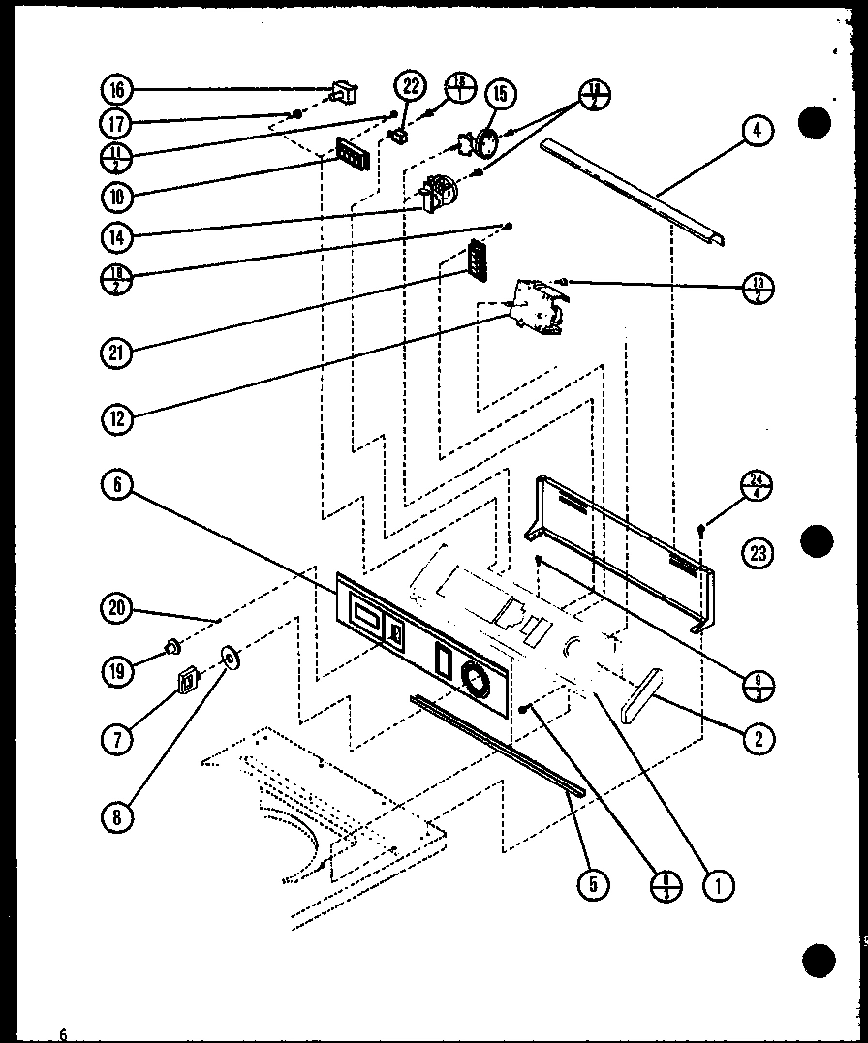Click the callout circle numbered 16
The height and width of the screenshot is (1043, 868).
click(117, 91)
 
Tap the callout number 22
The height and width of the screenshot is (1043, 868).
click(411, 87)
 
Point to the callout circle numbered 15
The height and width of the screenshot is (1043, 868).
click(501, 94)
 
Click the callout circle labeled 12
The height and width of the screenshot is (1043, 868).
click(117, 418)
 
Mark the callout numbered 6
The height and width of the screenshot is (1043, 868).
click(117, 486)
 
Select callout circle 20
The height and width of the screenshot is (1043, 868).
click(117, 608)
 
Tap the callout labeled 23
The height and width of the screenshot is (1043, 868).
click(757, 553)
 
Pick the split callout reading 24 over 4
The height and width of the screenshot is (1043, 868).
click(757, 485)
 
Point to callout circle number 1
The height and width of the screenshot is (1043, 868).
click(718, 882)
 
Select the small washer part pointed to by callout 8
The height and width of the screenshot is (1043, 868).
click(232, 660)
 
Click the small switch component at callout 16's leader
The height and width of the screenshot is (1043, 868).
click(342, 92)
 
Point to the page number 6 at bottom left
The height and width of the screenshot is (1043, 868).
click(63, 1033)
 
